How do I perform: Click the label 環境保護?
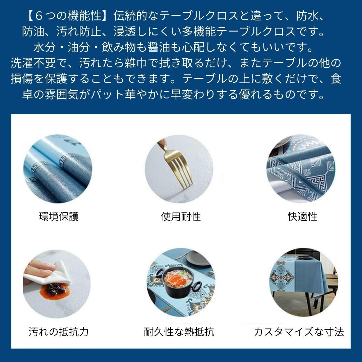59,217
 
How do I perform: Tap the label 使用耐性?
181,217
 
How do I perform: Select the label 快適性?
302,217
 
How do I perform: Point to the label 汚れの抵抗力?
59,332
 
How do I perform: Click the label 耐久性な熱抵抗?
179,332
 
